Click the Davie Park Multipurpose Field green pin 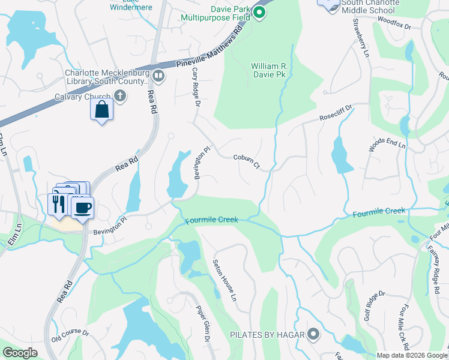click(259, 12)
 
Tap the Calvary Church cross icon click(120, 96)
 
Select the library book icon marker click(158, 76)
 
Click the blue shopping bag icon click(101, 110)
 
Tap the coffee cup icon click(82, 208)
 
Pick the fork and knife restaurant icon click(58, 203)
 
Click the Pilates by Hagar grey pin click(313, 334)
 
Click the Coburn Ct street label click(246, 161)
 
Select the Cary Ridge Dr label click(195, 87)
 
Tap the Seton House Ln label click(225, 281)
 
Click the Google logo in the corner click(20, 353)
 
